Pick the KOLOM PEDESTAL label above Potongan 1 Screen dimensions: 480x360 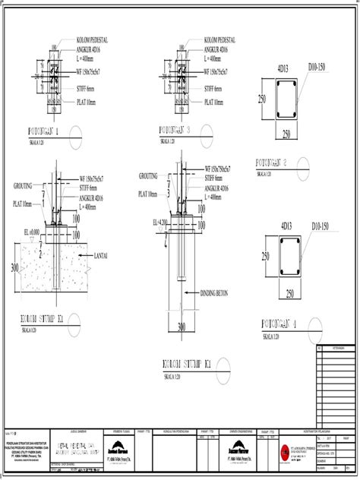[x=95, y=39]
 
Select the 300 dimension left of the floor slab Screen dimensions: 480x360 [x=14, y=267]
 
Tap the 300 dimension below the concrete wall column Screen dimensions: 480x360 [x=182, y=327]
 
